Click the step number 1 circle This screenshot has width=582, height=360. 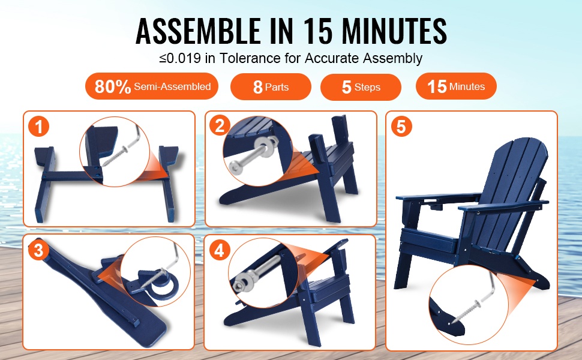pos(39,127)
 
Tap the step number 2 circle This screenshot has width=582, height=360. pos(220,125)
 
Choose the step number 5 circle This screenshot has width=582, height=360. pos(401,126)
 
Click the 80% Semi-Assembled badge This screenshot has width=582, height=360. pos(152,86)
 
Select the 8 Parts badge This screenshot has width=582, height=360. pos(271,87)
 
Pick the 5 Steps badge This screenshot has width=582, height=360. pos(361,87)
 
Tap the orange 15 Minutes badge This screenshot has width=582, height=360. pos(456,86)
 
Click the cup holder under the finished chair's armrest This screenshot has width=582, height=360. pos(436,204)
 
